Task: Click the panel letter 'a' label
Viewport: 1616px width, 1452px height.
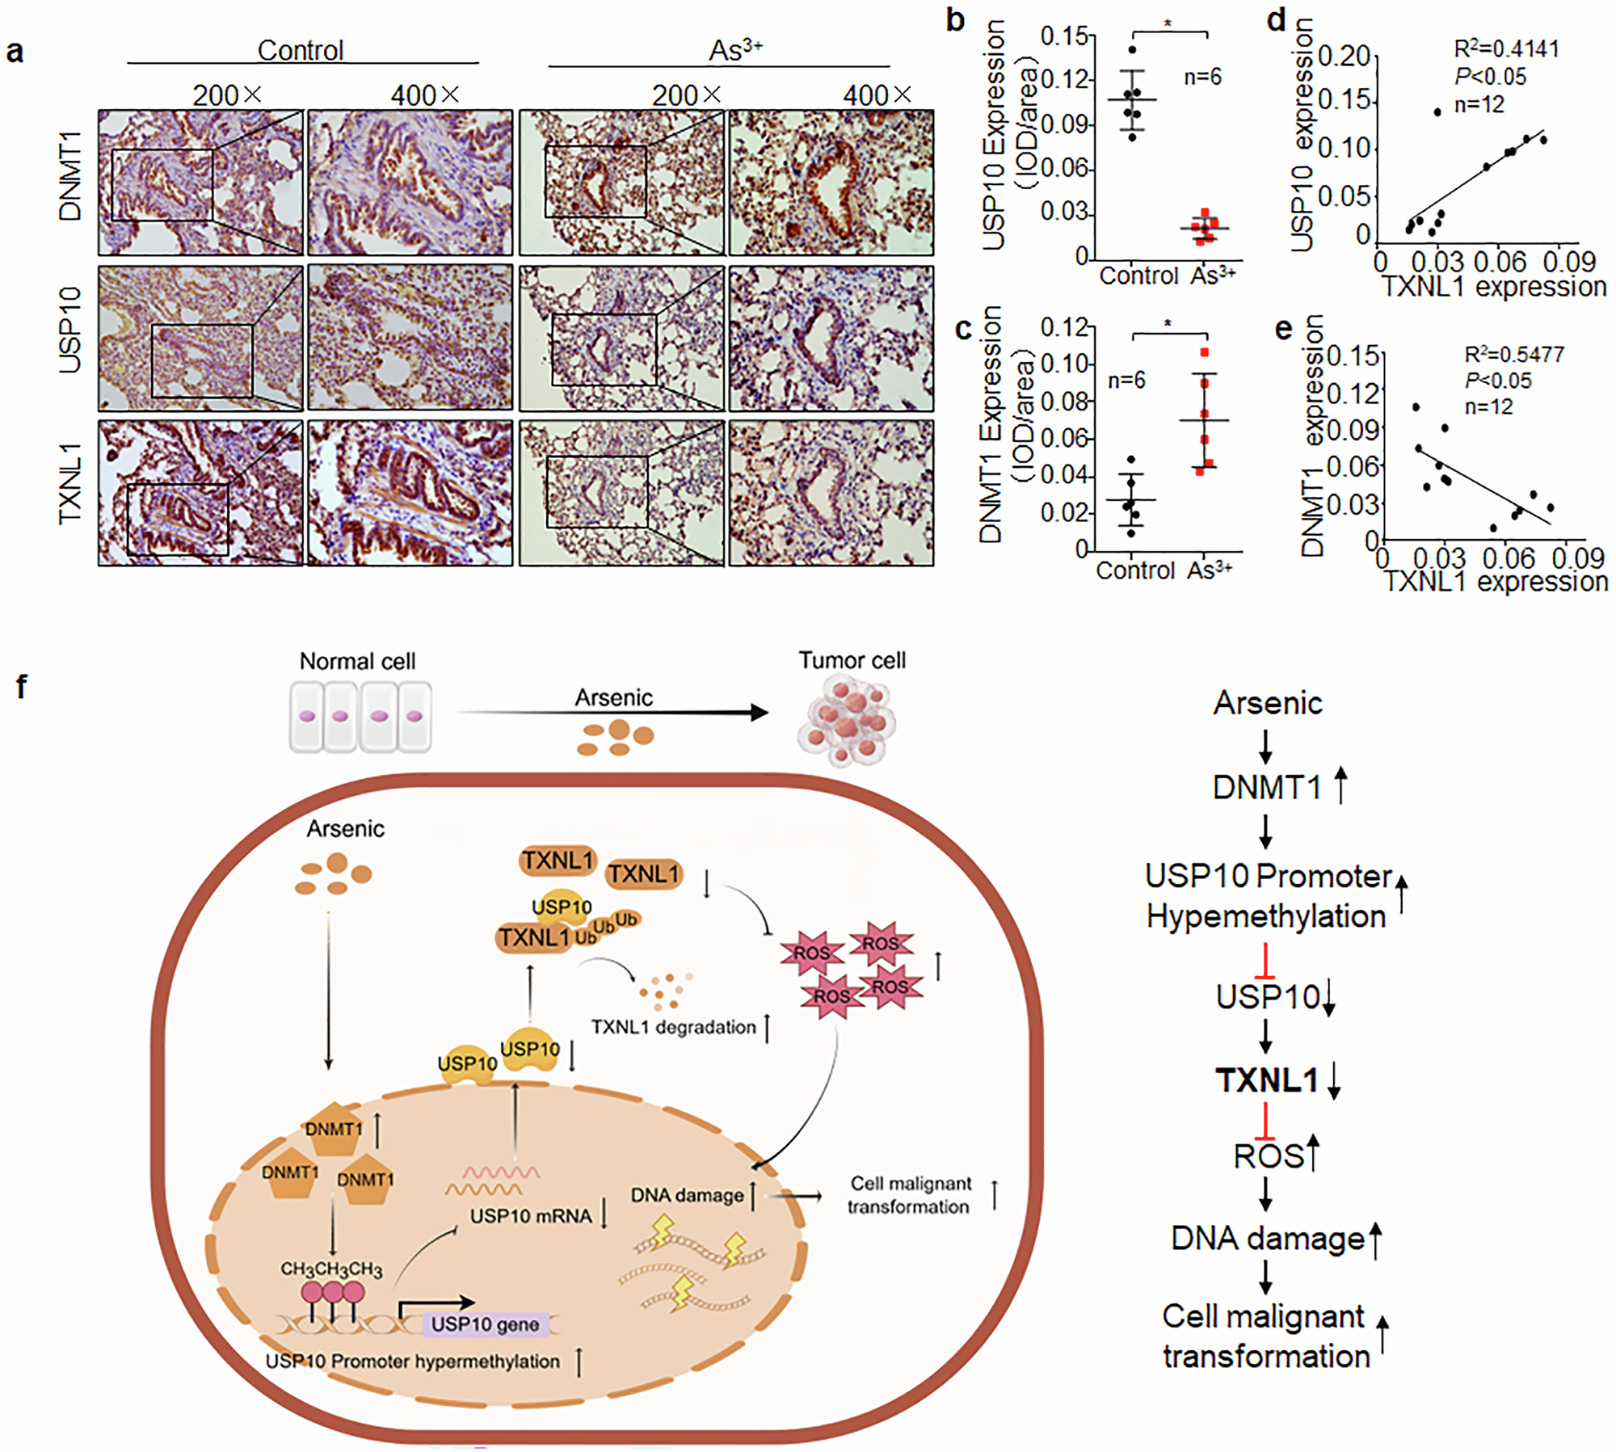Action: click(15, 52)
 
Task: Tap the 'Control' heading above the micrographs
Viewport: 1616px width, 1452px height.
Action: click(301, 50)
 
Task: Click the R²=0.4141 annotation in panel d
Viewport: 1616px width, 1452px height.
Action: click(1505, 49)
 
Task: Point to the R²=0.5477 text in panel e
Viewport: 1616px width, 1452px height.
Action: click(1513, 354)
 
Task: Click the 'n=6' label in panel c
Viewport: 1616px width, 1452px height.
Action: click(1126, 380)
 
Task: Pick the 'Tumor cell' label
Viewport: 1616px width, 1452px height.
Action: click(852, 660)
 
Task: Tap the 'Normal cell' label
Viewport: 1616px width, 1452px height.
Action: click(357, 661)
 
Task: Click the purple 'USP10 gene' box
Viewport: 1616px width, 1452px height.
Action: click(485, 1324)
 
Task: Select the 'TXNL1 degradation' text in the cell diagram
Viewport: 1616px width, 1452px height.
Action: click(673, 1027)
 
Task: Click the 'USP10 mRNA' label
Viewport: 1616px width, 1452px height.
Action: click(531, 1216)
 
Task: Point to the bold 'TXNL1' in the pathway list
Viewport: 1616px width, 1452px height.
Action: click(1266, 1080)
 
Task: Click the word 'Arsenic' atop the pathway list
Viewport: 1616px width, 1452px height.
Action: click(1267, 703)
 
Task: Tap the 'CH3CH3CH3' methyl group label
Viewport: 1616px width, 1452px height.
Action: click(331, 1269)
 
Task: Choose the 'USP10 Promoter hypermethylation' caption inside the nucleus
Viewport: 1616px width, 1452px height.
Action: click(412, 1362)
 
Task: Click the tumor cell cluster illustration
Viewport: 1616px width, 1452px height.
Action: click(847, 722)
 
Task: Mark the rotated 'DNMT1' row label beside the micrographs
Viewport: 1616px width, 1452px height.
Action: click(70, 175)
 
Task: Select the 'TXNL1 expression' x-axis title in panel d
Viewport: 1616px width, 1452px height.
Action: click(1493, 287)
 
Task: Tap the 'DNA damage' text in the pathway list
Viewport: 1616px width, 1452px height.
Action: click(1267, 1239)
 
